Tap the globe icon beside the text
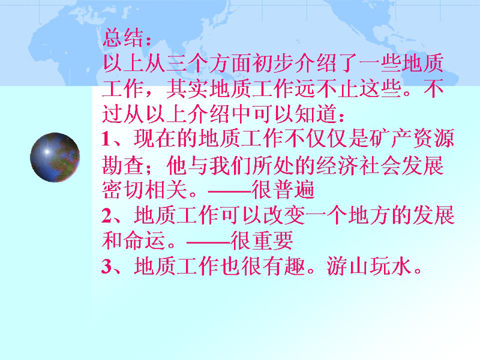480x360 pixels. (55, 157)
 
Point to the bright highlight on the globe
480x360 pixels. (47, 151)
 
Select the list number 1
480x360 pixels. (106, 139)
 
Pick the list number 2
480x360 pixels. (107, 215)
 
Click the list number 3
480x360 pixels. (107, 266)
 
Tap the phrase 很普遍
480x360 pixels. (283, 190)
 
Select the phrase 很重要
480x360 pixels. (262, 241)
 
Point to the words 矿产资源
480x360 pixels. (412, 139)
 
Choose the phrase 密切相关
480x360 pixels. (145, 190)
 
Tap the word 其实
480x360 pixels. (187, 89)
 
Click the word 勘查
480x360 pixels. (123, 166)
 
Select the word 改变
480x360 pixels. (284, 215)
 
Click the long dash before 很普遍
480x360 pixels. (230, 191)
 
